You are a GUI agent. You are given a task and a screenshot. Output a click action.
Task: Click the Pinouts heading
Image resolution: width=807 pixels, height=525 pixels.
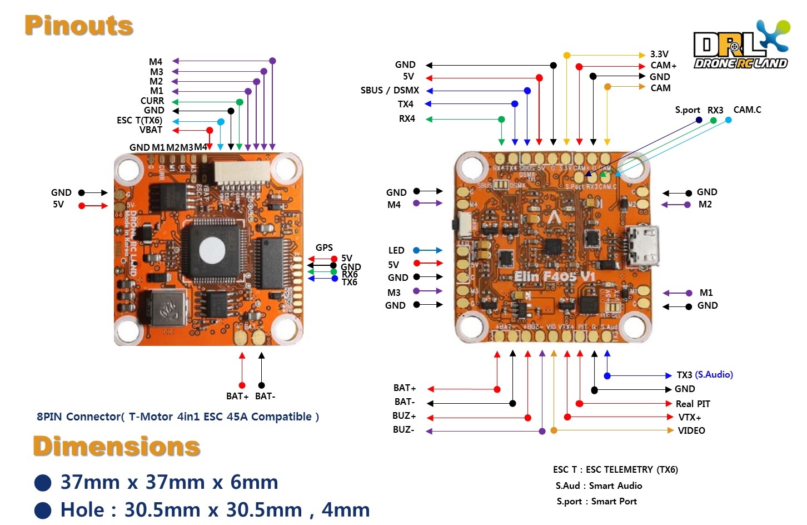click(79, 26)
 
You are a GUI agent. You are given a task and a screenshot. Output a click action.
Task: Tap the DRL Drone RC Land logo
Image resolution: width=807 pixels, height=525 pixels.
click(741, 47)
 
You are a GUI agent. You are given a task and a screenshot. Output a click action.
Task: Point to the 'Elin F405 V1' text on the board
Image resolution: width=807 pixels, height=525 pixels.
click(554, 276)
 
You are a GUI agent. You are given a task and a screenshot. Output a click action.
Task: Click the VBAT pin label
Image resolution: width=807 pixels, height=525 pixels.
click(151, 130)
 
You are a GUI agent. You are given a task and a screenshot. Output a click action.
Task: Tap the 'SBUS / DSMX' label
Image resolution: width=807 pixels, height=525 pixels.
click(390, 90)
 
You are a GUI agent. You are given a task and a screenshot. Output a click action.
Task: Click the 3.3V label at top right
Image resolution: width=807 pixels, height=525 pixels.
click(659, 54)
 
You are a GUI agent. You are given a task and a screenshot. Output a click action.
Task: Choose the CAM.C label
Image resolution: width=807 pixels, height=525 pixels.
click(747, 110)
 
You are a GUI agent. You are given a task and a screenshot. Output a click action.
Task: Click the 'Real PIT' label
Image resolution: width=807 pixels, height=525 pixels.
click(693, 404)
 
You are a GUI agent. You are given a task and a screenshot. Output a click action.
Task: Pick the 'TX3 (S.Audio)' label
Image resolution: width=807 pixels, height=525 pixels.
click(704, 375)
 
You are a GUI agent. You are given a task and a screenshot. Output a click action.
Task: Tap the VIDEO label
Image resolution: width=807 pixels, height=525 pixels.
click(691, 430)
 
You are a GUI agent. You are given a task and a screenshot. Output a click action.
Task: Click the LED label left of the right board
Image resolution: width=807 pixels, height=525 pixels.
click(396, 250)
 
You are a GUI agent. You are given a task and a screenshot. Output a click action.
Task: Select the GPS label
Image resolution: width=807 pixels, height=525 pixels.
click(324, 247)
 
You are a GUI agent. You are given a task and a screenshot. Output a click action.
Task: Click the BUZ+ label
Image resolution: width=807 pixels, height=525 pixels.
click(404, 416)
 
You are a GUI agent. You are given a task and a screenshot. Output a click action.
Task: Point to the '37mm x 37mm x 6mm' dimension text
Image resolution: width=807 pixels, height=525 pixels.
click(169, 482)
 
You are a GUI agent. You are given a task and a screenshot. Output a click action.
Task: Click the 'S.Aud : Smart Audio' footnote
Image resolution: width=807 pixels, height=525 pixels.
click(599, 486)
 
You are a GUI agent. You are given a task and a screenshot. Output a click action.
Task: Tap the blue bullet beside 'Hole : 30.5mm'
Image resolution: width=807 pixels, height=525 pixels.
click(43, 510)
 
